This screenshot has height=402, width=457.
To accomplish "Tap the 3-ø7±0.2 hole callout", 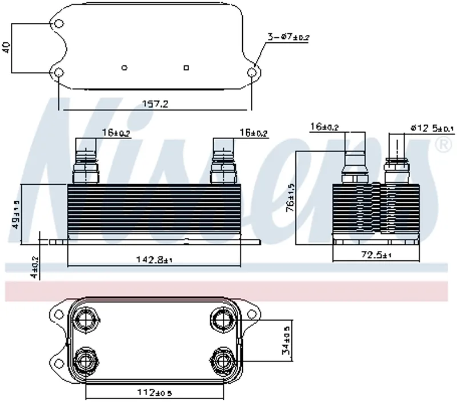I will pyautogui.click(x=288, y=38).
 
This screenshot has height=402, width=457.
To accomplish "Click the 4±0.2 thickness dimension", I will pyautogui.click(x=35, y=266).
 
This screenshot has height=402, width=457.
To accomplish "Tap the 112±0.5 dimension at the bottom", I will pyautogui.click(x=155, y=393).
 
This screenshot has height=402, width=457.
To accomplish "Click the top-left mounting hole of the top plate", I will pyautogui.click(x=59, y=24).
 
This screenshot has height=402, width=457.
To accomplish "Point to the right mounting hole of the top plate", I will pyautogui.click(x=253, y=73).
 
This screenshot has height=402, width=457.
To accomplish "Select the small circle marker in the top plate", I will pyautogui.click(x=125, y=67).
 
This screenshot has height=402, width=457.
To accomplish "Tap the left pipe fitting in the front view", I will pyautogui.click(x=86, y=161).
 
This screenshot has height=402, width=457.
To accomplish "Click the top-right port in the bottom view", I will pyautogui.click(x=221, y=319).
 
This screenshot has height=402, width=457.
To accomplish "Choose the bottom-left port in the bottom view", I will pyautogui.click(x=86, y=360).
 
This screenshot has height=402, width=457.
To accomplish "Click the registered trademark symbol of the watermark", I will pyautogui.click(x=442, y=146).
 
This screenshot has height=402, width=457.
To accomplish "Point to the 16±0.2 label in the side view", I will pyautogui.click(x=324, y=127).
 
